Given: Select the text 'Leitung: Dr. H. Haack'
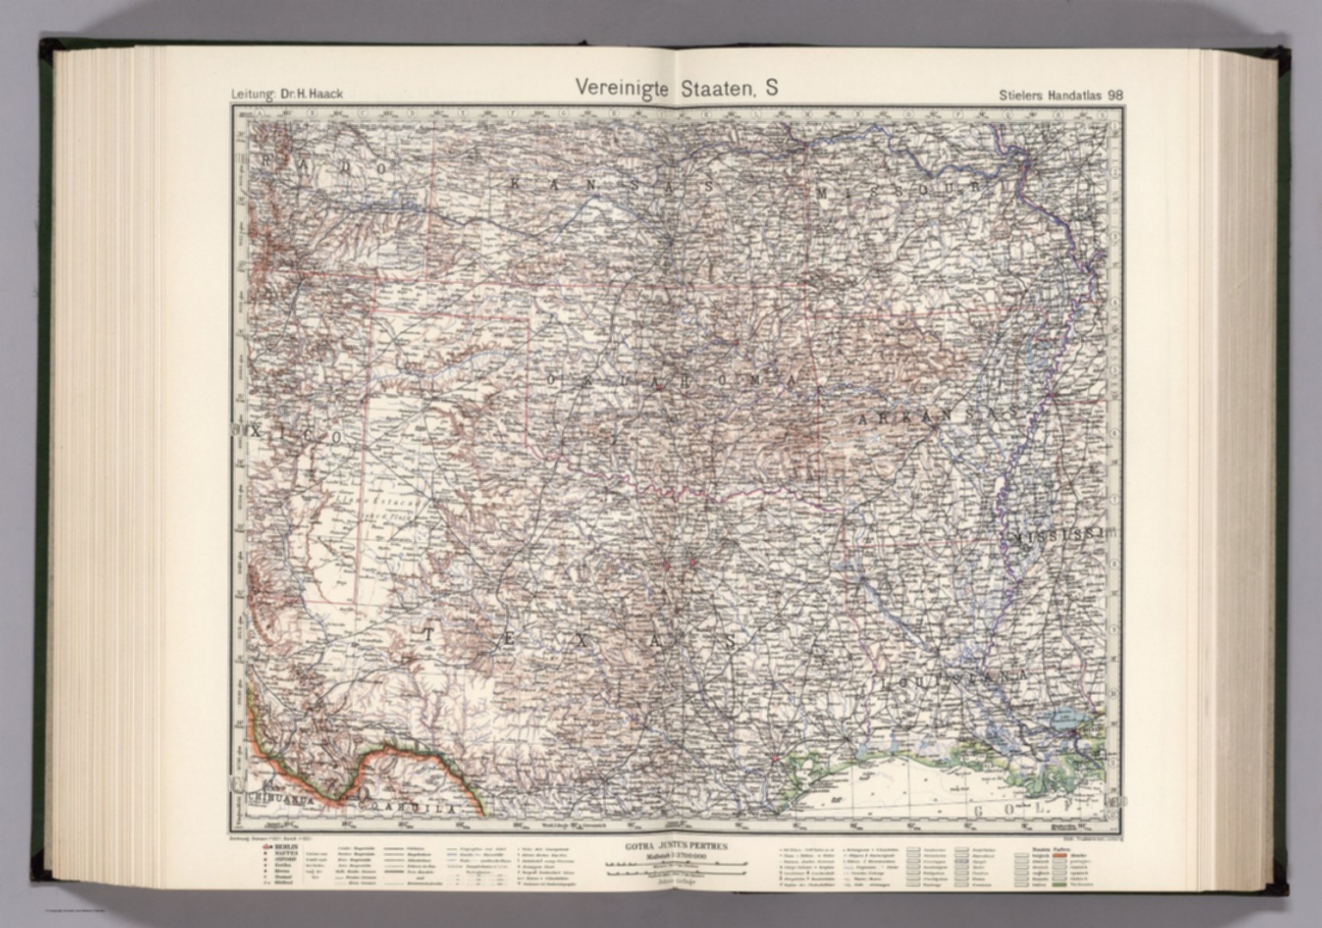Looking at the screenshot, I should point(286,94).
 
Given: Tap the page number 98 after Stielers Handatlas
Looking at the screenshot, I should point(1115,95).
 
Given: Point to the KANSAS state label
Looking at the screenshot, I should point(610,183).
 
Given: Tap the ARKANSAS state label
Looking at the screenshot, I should point(938,415).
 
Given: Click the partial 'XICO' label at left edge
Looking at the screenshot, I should point(288,438).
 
